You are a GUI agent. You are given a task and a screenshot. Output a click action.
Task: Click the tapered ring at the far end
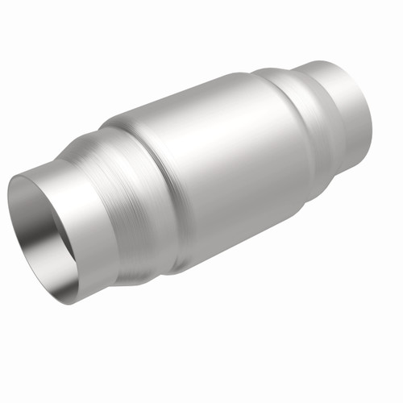click(302, 113)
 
